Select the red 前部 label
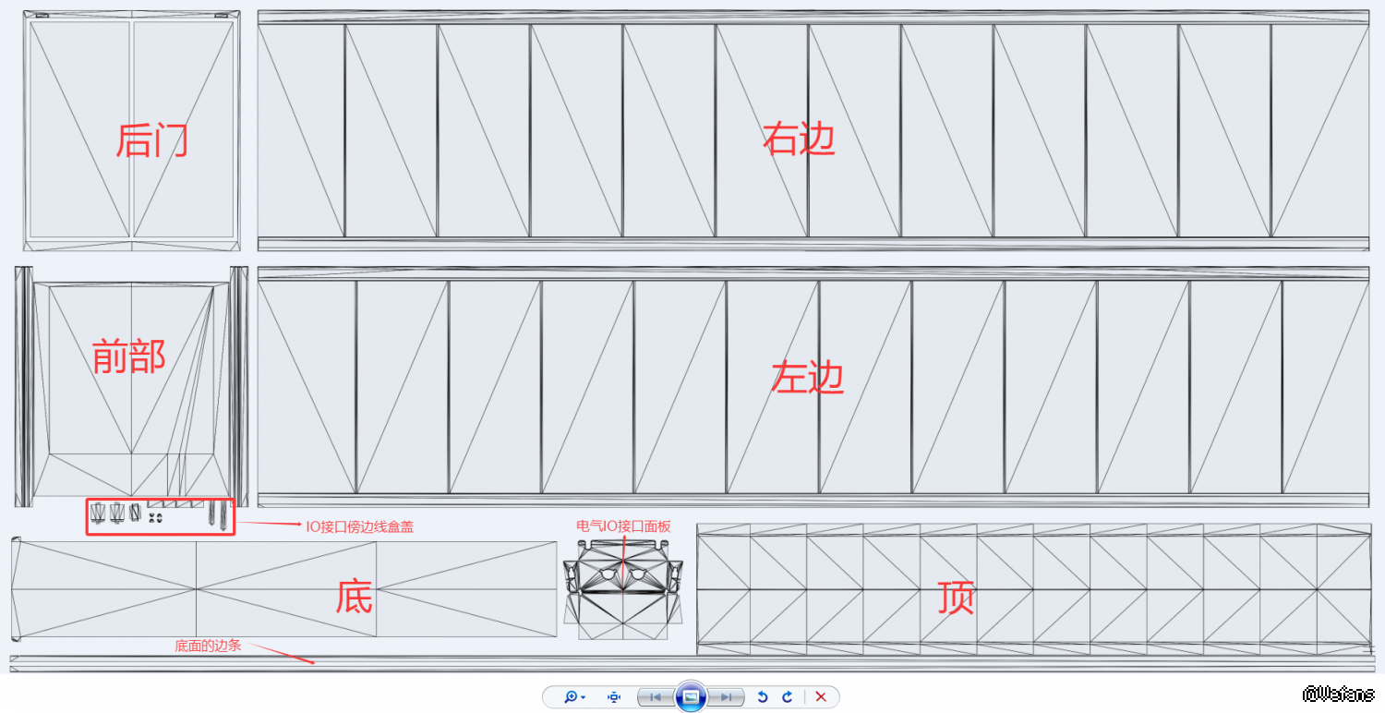[x=128, y=356]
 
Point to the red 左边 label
[x=808, y=377]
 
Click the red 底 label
[x=354, y=597]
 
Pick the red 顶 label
[x=956, y=598]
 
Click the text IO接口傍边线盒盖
[x=360, y=526]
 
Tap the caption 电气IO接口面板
[x=623, y=526]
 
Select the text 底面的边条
[x=208, y=646]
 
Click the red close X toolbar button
[x=821, y=697]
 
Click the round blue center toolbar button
[x=691, y=697]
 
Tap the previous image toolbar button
[x=656, y=697]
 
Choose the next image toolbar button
[x=726, y=697]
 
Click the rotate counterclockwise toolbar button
[x=763, y=697]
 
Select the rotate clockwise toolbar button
[x=787, y=697]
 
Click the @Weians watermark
[x=1338, y=694]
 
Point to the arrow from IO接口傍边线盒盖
[x=269, y=523]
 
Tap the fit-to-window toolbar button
[x=613, y=697]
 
